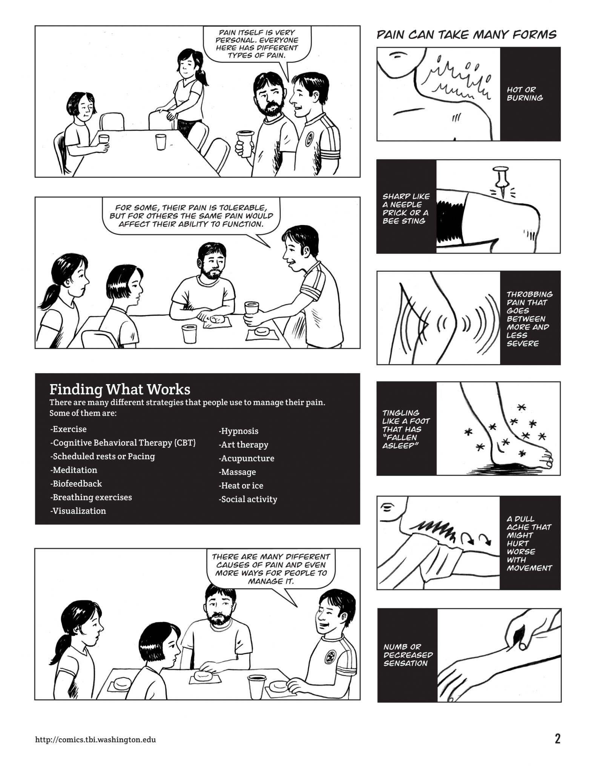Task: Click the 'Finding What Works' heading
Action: coord(120,389)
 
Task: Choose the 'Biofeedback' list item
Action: coord(76,483)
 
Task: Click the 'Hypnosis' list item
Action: coord(238,431)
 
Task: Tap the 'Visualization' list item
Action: coord(78,511)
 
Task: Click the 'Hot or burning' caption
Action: coord(525,94)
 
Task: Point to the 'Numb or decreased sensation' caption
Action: coord(408,655)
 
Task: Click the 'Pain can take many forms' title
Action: coord(467,35)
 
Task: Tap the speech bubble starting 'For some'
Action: coord(192,216)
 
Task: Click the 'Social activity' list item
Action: coord(248,499)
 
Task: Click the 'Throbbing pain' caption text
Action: coord(529,319)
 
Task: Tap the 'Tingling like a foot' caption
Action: coord(406,429)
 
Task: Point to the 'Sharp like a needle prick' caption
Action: coord(406,208)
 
